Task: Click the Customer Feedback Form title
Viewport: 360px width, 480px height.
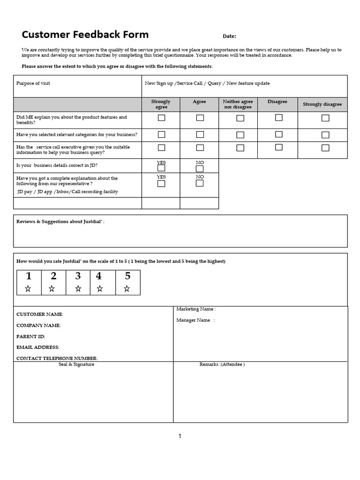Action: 85,35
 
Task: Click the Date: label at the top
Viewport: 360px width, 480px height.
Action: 229,37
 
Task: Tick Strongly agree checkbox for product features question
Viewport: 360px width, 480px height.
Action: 161,118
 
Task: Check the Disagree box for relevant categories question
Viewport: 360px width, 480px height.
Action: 279,135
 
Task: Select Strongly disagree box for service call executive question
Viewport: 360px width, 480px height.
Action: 325,148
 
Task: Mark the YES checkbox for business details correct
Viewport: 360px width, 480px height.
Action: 161,168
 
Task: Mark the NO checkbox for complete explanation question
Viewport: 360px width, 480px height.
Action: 200,183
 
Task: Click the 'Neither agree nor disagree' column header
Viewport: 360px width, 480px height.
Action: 238,104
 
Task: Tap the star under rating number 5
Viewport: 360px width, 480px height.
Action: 127,289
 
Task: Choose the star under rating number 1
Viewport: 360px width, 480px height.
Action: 28,289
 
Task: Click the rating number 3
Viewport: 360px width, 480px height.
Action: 78,276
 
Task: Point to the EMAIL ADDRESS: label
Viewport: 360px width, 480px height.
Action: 38,347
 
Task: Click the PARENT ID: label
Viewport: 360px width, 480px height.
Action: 31,337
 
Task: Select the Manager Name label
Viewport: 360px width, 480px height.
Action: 194,320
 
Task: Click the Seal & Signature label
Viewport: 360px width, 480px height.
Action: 76,364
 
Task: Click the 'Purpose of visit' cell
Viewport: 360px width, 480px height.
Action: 33,83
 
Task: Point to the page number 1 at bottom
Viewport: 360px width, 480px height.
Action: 180,436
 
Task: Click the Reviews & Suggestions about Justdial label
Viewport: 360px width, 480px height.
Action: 60,221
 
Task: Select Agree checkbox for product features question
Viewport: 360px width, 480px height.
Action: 200,118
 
